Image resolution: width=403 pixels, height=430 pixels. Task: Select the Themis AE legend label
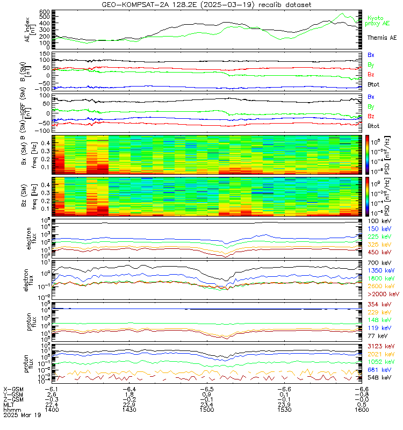382,38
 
